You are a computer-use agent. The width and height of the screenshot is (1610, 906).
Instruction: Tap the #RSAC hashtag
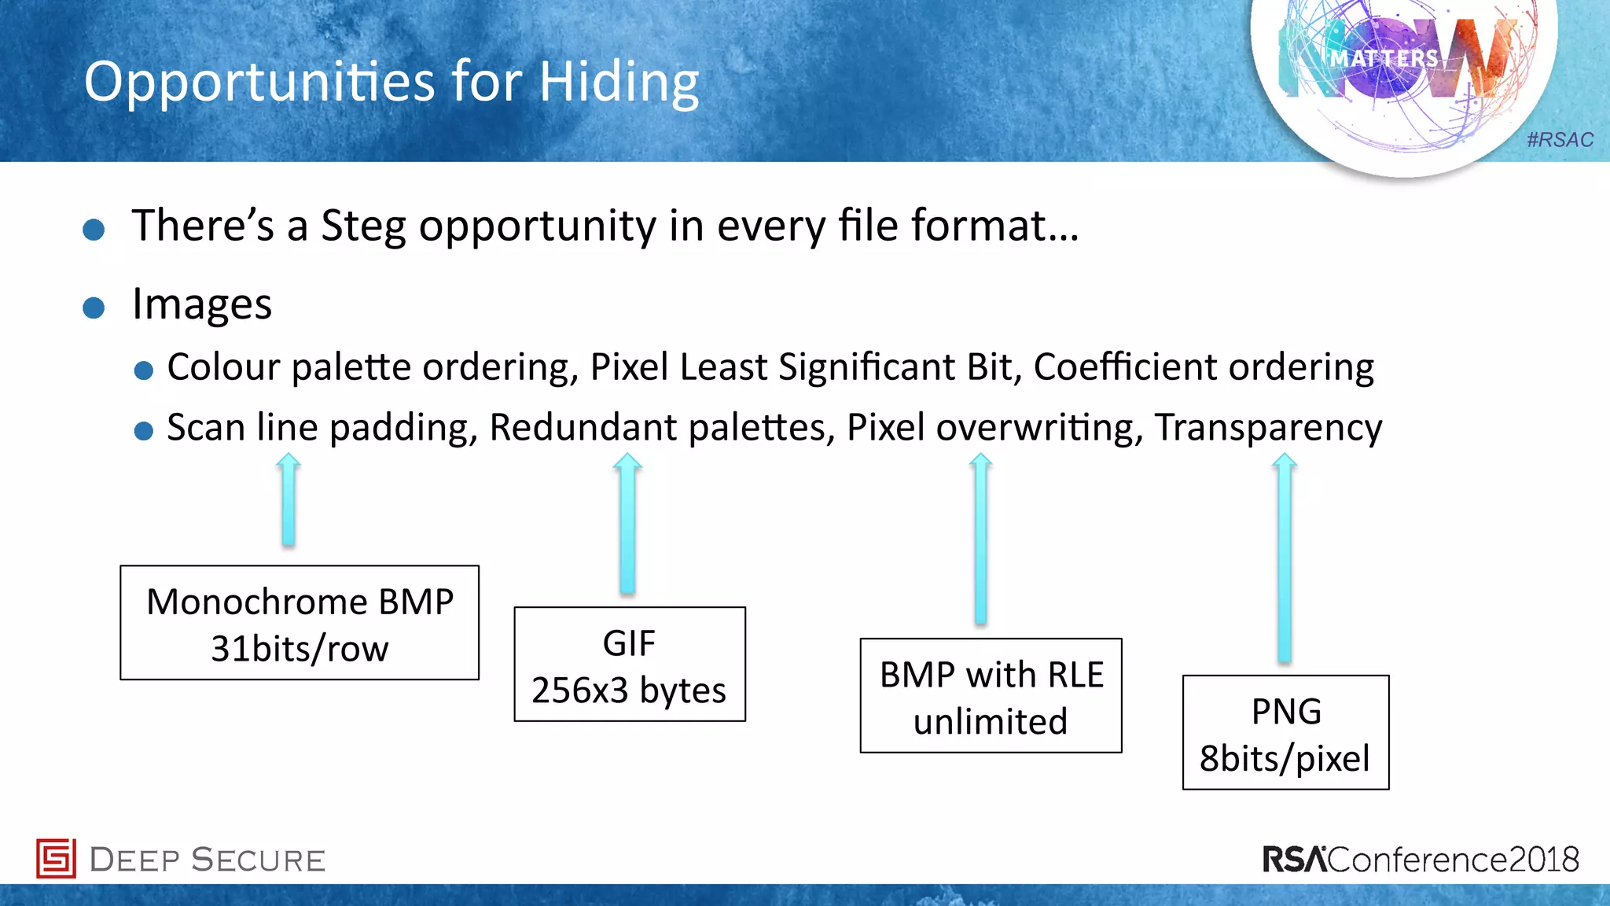(x=1560, y=140)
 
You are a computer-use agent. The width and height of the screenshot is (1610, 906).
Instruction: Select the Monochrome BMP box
(x=300, y=622)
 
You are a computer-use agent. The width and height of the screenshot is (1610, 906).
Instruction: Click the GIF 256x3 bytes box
(x=630, y=664)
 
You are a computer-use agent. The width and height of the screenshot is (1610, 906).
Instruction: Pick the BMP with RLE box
(x=991, y=695)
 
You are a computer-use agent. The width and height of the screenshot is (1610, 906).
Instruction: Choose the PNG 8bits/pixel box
(x=1285, y=732)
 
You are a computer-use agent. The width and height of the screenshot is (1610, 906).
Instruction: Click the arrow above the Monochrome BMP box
(x=289, y=500)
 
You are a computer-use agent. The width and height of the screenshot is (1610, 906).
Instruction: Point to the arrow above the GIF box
(x=627, y=523)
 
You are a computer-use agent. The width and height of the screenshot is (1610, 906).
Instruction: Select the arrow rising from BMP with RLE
(x=980, y=540)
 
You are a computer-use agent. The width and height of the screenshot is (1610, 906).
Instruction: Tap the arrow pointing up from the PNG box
(x=1284, y=558)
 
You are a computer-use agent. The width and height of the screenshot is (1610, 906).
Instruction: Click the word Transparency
(x=1268, y=428)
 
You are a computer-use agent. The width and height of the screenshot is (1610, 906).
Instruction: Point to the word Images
(x=202, y=304)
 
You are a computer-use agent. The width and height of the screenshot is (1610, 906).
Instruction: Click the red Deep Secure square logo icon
(x=56, y=858)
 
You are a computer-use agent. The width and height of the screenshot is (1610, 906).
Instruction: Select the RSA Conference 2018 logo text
(x=1421, y=860)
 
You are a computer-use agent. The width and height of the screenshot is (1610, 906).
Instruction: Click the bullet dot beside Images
(x=94, y=308)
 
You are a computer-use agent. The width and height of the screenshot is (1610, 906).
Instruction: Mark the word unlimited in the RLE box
(x=991, y=721)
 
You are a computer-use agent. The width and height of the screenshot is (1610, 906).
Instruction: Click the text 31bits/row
(x=300, y=649)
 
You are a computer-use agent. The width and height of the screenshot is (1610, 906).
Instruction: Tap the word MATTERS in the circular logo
(x=1384, y=59)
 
